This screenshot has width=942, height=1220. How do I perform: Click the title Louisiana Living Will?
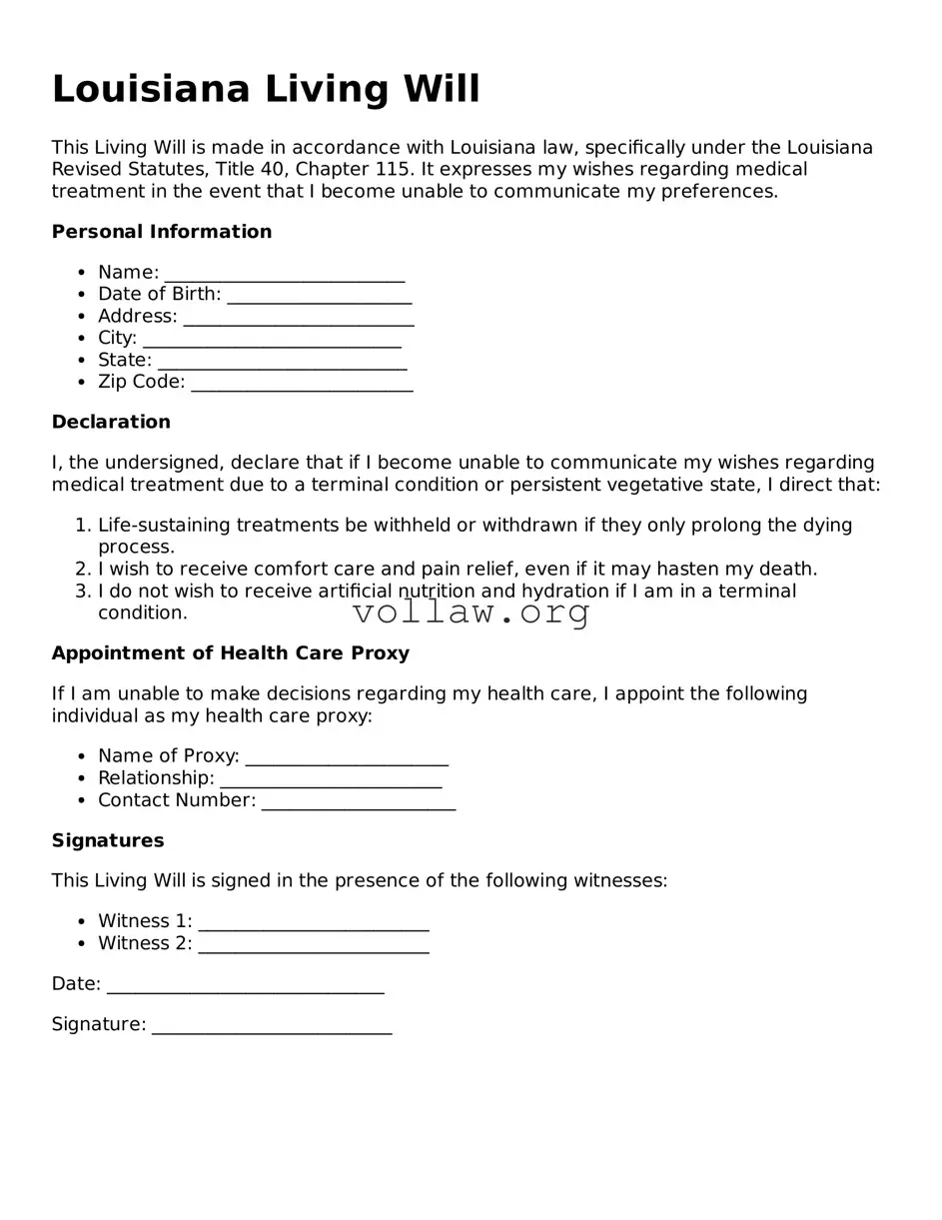point(266,89)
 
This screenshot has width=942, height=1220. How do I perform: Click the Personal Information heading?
point(162,232)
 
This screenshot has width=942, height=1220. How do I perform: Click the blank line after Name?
point(285,275)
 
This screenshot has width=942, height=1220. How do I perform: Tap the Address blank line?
point(299,319)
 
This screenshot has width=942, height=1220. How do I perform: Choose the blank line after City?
point(272,341)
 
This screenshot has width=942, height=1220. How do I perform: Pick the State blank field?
point(283,363)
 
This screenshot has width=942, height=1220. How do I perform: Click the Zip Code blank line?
point(302,385)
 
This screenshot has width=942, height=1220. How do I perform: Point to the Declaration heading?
point(111,422)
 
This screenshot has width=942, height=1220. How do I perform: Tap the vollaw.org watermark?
point(471,612)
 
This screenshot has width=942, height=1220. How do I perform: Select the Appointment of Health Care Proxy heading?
point(231,653)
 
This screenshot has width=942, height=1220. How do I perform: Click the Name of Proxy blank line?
point(347,758)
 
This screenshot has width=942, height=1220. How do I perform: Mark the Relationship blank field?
point(331,780)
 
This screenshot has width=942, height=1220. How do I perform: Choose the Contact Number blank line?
point(359,802)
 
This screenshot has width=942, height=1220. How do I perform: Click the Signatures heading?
point(108,840)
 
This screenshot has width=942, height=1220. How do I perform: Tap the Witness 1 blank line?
point(314,924)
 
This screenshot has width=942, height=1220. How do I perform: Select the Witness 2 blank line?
point(314,946)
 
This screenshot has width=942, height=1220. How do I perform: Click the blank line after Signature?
point(272,1027)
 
